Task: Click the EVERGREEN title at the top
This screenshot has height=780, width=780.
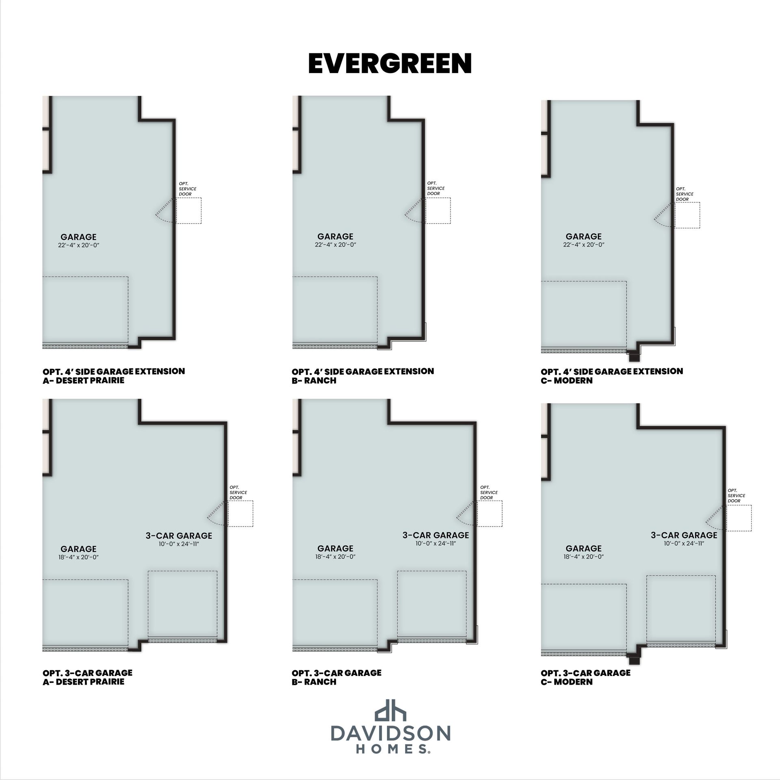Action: pyautogui.click(x=390, y=63)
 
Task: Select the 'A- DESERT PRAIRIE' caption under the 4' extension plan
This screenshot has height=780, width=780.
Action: pyautogui.click(x=83, y=381)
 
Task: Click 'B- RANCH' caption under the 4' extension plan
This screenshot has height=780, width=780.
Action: pyautogui.click(x=314, y=381)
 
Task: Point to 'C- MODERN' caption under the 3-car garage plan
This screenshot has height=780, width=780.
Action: pyautogui.click(x=567, y=682)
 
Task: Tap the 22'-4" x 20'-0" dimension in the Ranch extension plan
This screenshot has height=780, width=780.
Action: pyautogui.click(x=336, y=245)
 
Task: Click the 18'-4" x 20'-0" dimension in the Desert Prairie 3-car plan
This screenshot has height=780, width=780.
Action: pyautogui.click(x=78, y=557)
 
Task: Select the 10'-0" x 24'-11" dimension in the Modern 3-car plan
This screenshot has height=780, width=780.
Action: pyautogui.click(x=684, y=544)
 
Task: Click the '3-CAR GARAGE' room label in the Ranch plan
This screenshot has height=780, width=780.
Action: pyautogui.click(x=436, y=535)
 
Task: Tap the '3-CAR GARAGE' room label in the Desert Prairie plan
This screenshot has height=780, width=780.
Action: pyautogui.click(x=179, y=535)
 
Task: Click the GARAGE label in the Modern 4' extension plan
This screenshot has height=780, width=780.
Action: pyautogui.click(x=583, y=236)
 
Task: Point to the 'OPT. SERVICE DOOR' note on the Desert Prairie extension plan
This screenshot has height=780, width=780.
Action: pyautogui.click(x=187, y=189)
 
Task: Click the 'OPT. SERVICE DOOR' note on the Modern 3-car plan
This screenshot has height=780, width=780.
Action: pyautogui.click(x=736, y=496)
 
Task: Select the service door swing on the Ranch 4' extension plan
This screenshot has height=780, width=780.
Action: pyautogui.click(x=414, y=210)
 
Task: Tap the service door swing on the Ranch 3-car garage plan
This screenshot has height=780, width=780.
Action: pyautogui.click(x=466, y=513)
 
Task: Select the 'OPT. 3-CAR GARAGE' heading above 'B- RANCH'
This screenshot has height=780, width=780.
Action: pyautogui.click(x=336, y=673)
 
